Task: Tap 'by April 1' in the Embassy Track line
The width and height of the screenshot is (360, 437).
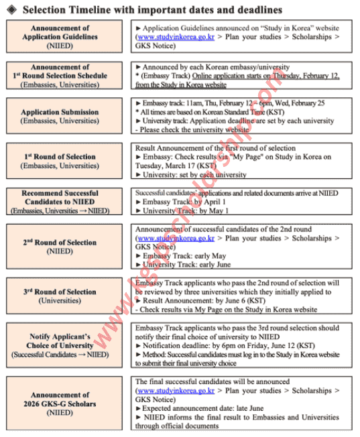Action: tap(201, 202)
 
